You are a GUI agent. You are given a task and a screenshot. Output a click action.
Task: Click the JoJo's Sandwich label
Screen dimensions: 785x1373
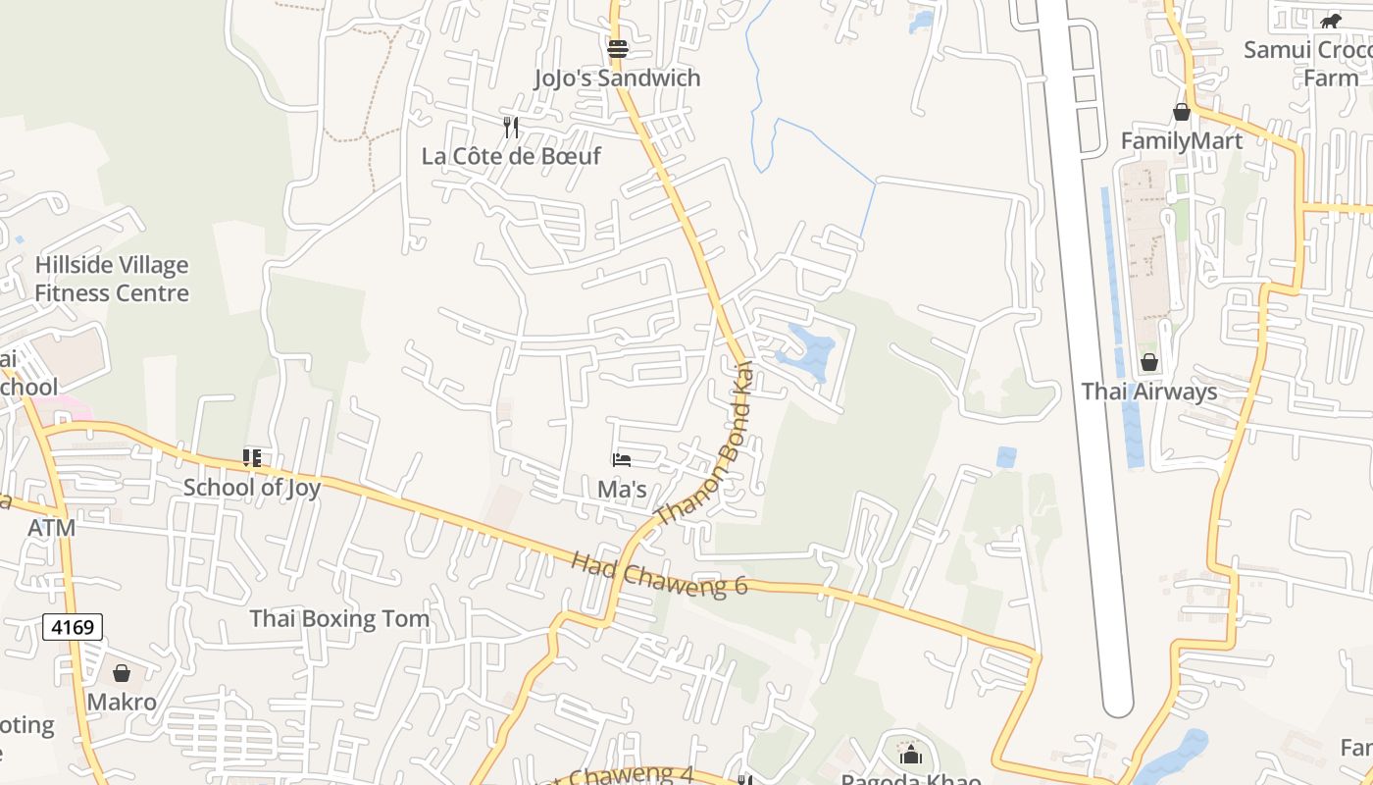[x=617, y=78]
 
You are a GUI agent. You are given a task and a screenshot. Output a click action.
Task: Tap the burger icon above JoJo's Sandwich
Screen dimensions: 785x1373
[x=617, y=48]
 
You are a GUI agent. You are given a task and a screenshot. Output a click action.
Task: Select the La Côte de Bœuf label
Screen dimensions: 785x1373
[x=511, y=156]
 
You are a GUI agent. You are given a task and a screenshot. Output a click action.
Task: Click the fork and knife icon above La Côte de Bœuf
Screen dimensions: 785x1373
[x=511, y=127]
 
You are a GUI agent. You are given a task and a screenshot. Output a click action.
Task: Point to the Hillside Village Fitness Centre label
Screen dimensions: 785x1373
[x=112, y=279]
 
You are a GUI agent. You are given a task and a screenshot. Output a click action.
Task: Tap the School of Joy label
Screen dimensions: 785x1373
[x=252, y=488]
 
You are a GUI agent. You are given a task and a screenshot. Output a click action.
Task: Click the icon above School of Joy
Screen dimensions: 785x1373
[x=252, y=458]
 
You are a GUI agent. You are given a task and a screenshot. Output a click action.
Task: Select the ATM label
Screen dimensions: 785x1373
[x=51, y=528]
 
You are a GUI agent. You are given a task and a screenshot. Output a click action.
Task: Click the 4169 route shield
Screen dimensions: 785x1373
[x=73, y=627]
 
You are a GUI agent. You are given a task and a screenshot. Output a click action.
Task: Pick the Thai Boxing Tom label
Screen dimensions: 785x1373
[x=339, y=619]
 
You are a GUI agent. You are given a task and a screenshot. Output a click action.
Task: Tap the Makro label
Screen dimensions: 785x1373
[x=122, y=703]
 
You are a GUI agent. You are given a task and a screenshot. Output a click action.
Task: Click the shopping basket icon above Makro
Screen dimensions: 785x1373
[x=122, y=673]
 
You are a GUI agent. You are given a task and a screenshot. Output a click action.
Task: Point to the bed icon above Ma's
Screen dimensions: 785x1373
[x=621, y=459]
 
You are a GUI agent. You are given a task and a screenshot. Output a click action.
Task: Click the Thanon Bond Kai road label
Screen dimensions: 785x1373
[x=704, y=444]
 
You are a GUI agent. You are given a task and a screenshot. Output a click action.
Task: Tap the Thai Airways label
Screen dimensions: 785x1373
[x=1148, y=392]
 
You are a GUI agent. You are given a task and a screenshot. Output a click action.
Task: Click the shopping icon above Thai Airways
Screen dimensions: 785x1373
[x=1148, y=362]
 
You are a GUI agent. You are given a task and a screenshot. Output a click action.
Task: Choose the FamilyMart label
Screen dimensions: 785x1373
[x=1182, y=141]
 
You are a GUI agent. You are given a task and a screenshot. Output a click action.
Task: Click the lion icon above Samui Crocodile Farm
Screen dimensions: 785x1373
[x=1330, y=21]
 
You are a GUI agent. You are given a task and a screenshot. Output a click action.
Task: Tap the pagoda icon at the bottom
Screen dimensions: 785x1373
[x=911, y=755]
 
